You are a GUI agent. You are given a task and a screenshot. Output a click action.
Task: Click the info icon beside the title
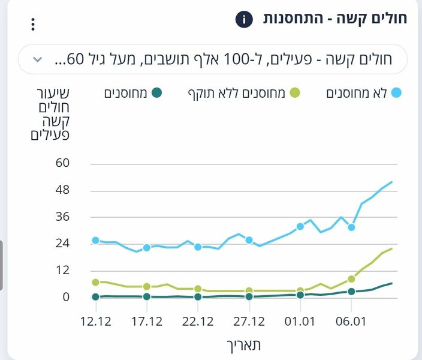pyautogui.click(x=244, y=19)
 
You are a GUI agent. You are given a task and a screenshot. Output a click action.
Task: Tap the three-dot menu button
pyautogui.click(x=33, y=24)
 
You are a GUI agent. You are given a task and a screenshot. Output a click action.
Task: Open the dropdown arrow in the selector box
pyautogui.click(x=37, y=59)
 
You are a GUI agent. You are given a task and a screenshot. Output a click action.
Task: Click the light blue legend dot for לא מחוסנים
pyautogui.click(x=396, y=92)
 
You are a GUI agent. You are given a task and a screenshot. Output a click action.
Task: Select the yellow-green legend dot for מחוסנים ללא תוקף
pyautogui.click(x=295, y=93)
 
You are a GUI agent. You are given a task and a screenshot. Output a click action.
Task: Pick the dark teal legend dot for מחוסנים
pyautogui.click(x=156, y=93)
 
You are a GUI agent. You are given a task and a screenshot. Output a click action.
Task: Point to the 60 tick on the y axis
pyautogui.click(x=62, y=163)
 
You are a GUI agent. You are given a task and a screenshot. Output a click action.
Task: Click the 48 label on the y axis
pyautogui.click(x=62, y=190)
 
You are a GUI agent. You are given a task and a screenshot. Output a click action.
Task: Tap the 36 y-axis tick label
pyautogui.click(x=62, y=217)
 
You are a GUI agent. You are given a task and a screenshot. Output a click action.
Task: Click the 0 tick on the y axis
pyautogui.click(x=66, y=296)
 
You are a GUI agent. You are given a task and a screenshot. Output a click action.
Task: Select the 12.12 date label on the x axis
pyautogui.click(x=96, y=322)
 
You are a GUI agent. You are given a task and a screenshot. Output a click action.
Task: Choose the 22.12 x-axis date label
pyautogui.click(x=198, y=322)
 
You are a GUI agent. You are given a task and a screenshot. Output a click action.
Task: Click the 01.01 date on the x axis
pyautogui.click(x=300, y=322)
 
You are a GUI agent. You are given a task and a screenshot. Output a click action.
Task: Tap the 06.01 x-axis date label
pyautogui.click(x=351, y=322)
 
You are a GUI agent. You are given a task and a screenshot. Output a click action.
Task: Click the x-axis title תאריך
pyautogui.click(x=243, y=346)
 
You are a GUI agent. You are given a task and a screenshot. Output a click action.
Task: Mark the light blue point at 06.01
pyautogui.click(x=351, y=227)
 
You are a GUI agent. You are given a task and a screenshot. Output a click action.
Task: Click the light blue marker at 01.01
pyautogui.click(x=300, y=227)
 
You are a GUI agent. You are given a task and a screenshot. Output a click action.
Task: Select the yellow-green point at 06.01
pyautogui.click(x=351, y=279)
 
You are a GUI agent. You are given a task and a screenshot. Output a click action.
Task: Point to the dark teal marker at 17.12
pyautogui.click(x=147, y=296)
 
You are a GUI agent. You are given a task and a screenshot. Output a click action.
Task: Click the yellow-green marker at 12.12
pyautogui.click(x=95, y=283)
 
